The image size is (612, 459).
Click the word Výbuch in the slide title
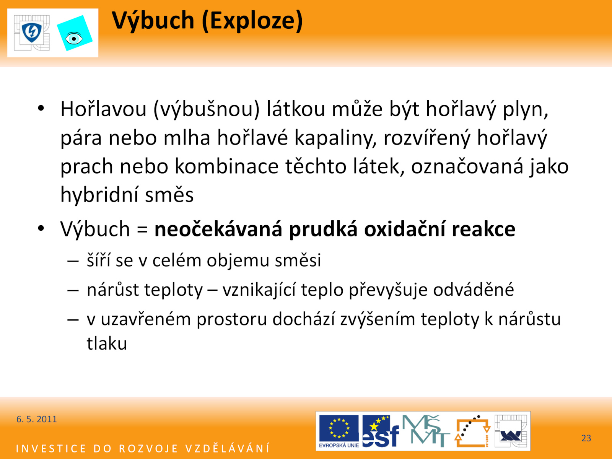click(153, 21)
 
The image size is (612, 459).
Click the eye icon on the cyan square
click(73, 39)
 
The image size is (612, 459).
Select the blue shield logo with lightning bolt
click(32, 33)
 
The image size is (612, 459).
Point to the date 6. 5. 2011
click(36, 419)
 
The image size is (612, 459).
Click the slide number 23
click(586, 438)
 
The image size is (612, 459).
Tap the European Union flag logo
click(339, 431)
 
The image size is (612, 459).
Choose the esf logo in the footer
click(380, 431)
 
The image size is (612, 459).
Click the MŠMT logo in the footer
click(425, 431)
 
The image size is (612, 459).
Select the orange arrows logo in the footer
click(472, 431)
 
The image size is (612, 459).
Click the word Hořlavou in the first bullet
click(103, 109)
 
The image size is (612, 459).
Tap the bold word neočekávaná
click(218, 229)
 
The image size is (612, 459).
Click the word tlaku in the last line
click(107, 343)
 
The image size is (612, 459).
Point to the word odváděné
click(474, 290)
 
